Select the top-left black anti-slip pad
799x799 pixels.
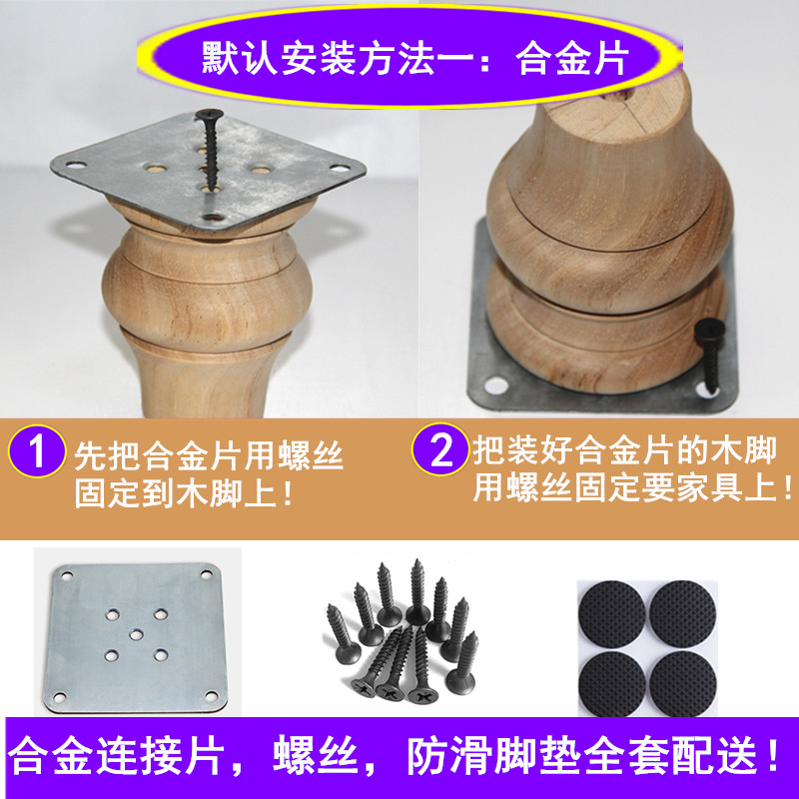coord(612,613)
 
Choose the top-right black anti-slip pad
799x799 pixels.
coord(684,613)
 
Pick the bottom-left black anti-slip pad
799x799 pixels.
coord(612,678)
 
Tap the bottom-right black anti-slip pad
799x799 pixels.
coord(683,678)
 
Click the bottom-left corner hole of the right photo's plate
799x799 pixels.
coord(490,385)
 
